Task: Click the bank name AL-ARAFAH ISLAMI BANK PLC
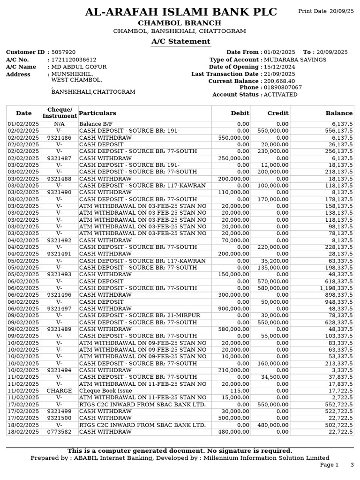tap(180, 12)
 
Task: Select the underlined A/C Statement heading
tap(180, 42)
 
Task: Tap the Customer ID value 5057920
tap(63, 52)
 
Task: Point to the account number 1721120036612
tap(74, 60)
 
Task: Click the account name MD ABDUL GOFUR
tap(79, 67)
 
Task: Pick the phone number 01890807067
tap(283, 88)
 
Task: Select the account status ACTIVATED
tap(280, 95)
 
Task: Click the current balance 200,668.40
tap(279, 81)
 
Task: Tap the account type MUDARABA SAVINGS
tap(295, 60)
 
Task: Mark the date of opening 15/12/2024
tap(279, 67)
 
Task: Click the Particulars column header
tap(97, 113)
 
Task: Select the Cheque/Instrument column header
tap(60, 113)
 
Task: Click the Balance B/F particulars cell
tap(93, 124)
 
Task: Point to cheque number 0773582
tap(60, 432)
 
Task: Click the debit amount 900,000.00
tap(234, 309)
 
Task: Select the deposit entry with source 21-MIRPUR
tap(139, 315)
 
